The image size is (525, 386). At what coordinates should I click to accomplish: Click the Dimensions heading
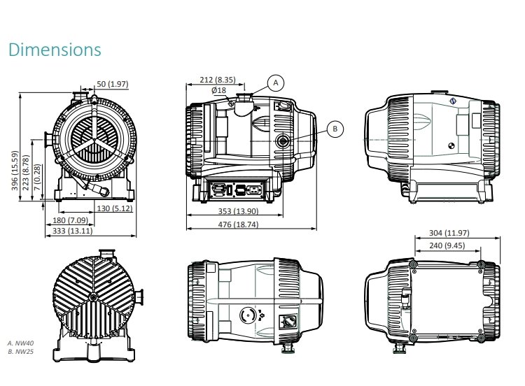(x=55, y=50)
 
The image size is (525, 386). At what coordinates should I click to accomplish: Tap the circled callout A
(x=275, y=83)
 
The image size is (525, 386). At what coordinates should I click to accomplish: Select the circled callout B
(x=335, y=129)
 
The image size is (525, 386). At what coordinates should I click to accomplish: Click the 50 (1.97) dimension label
(x=113, y=84)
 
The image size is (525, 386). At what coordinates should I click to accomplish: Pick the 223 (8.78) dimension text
(x=26, y=174)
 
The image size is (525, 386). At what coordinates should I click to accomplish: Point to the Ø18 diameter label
(x=218, y=90)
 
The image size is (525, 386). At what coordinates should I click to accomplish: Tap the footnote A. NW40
(x=20, y=343)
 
